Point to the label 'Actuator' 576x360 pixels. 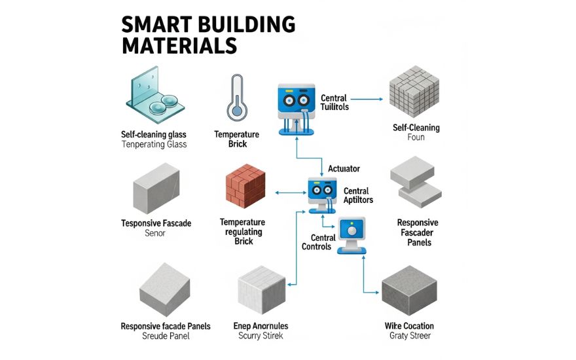click(343, 169)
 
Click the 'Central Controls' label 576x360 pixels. click(317, 242)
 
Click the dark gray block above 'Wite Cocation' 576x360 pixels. click(410, 291)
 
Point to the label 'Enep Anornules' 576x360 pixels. click(261, 326)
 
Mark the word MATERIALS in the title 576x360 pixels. click(178, 46)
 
